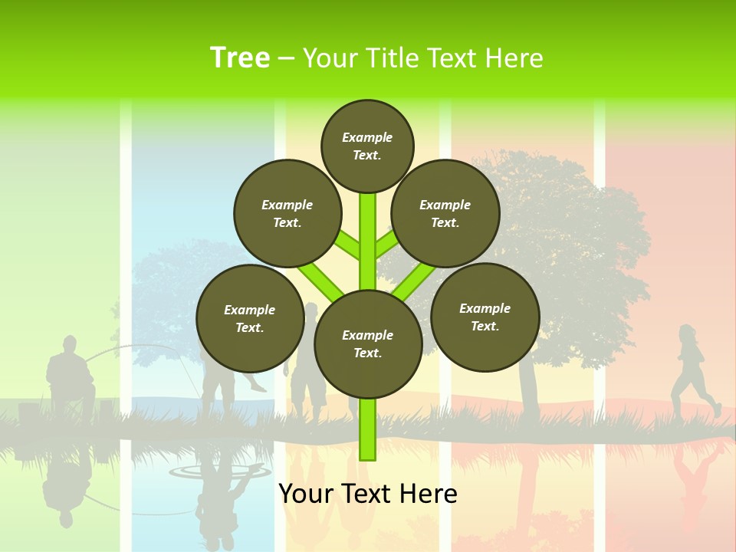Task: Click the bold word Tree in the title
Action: pyautogui.click(x=240, y=58)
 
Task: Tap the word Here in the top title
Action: pyautogui.click(x=516, y=58)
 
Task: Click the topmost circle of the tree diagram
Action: pyautogui.click(x=367, y=146)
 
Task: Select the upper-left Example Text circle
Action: pyautogui.click(x=287, y=213)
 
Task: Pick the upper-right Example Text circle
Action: pyautogui.click(x=445, y=213)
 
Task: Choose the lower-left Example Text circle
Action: pyautogui.click(x=249, y=318)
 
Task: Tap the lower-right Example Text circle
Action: pyautogui.click(x=485, y=317)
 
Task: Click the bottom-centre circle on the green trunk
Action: pyautogui.click(x=368, y=343)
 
